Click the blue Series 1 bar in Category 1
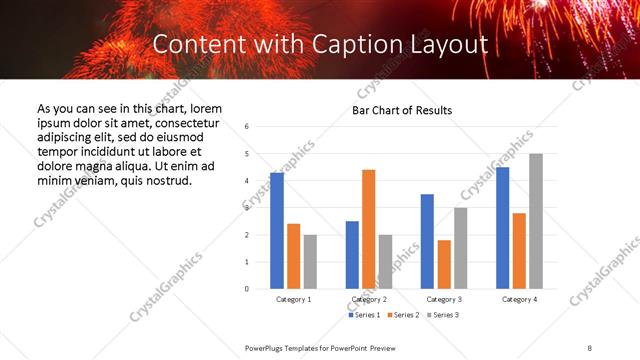[x=277, y=231]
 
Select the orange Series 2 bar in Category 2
[x=368, y=229]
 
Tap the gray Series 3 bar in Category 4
[x=536, y=221]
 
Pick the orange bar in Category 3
[x=444, y=264]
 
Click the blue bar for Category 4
[x=502, y=228]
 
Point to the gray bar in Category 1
[x=310, y=262]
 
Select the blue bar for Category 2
[x=352, y=255]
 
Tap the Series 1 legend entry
[x=363, y=315]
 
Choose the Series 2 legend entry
[x=402, y=315]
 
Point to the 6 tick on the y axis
[x=247, y=127]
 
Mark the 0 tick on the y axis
[x=247, y=289]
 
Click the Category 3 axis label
[x=444, y=299]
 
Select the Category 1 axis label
[x=293, y=299]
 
